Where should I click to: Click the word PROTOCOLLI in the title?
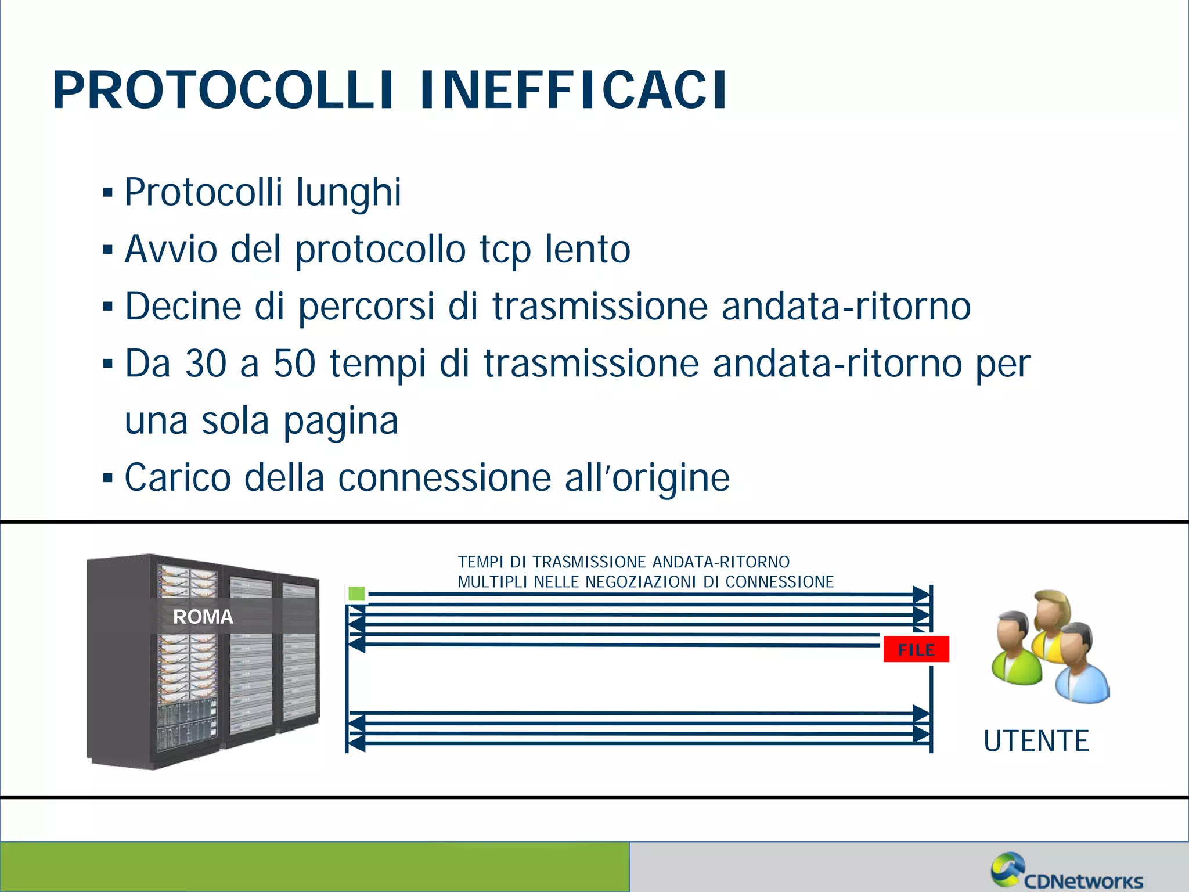click(224, 90)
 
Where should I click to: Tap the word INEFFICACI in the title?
click(573, 90)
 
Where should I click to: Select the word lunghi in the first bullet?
click(348, 193)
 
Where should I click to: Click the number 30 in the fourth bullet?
click(206, 364)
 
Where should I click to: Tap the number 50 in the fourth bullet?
click(294, 364)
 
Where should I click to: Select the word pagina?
click(341, 422)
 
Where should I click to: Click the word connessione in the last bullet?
click(444, 478)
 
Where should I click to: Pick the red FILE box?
click(916, 649)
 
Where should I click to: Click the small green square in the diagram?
click(356, 594)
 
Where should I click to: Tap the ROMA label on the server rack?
click(203, 617)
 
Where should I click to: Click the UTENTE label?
click(1036, 741)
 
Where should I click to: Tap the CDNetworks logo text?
click(1083, 881)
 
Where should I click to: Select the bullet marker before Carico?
click(107, 479)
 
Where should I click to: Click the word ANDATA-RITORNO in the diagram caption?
click(720, 562)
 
